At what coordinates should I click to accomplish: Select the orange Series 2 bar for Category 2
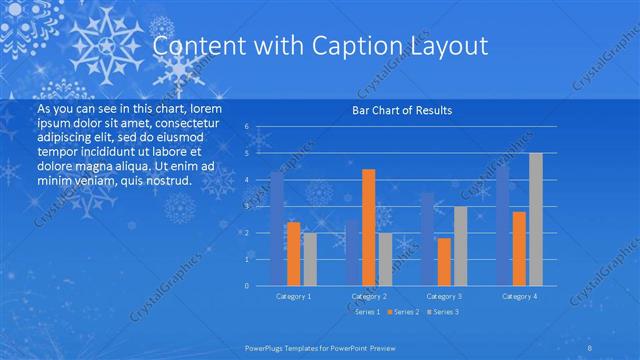369,228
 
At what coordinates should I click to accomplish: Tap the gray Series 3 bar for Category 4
536,219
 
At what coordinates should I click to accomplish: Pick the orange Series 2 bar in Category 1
293,254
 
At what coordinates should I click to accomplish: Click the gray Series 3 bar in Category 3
460,246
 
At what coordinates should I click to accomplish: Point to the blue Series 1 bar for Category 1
277,229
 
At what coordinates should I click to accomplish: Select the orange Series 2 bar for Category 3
444,262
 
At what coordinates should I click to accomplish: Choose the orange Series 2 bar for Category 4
519,249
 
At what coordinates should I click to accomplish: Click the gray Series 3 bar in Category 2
385,259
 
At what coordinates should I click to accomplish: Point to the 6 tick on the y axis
247,127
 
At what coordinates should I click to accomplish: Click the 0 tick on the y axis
247,286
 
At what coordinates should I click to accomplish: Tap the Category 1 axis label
294,297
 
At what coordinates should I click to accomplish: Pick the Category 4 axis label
519,297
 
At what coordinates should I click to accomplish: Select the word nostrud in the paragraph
165,181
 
